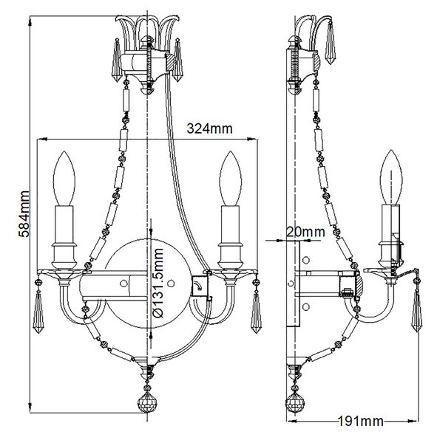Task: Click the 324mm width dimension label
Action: pos(209,128)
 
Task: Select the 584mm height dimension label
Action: pos(24,213)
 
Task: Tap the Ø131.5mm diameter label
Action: pos(157,283)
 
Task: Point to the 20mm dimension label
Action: pos(305,232)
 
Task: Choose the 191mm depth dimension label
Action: pos(361,422)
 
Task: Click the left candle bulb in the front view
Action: pos(64,178)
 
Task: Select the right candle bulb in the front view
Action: pos(231,178)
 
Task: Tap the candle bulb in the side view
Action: pos(391,177)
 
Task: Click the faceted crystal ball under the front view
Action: pos(147,402)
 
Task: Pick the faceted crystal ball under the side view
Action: pos(295,402)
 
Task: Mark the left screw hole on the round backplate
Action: pos(123,283)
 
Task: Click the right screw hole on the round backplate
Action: pos(171,283)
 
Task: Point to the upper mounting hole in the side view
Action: pos(306,260)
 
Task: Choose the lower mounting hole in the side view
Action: pos(306,306)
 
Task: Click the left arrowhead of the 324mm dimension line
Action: pos(41,139)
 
